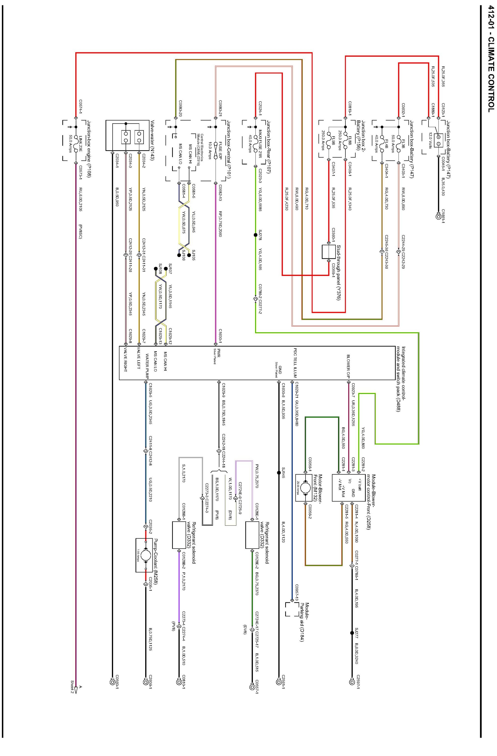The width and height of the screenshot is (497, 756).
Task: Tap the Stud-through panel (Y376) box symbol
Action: coord(329,251)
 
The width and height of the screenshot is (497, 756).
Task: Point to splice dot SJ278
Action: coord(255,235)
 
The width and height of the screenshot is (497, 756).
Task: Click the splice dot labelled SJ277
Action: coord(352,633)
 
